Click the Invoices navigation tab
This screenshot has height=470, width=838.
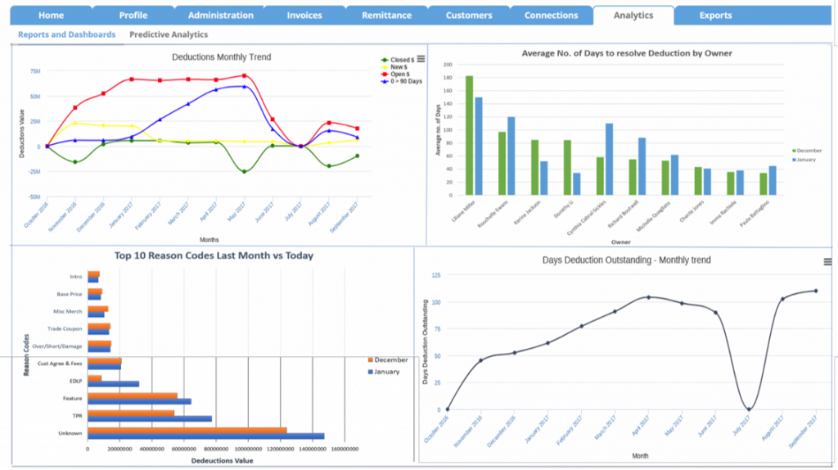pos(304,16)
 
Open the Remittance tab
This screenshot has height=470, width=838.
pos(387,16)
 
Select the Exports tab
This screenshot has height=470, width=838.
pos(715,16)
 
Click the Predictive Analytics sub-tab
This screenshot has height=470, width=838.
pos(169,35)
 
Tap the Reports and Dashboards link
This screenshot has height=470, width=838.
pos(67,35)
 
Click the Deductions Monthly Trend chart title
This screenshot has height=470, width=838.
pos(221,57)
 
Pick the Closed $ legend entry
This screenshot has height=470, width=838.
pos(401,60)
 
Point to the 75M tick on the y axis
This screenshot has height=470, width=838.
pos(35,71)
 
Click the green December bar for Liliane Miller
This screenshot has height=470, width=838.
pos(470,135)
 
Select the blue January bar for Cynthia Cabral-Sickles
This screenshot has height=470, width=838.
pos(609,159)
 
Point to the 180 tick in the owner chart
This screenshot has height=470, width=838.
pos(447,78)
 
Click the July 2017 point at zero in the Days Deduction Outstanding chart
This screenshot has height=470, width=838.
pos(749,409)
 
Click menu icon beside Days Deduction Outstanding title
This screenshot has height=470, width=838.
pos(827,262)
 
